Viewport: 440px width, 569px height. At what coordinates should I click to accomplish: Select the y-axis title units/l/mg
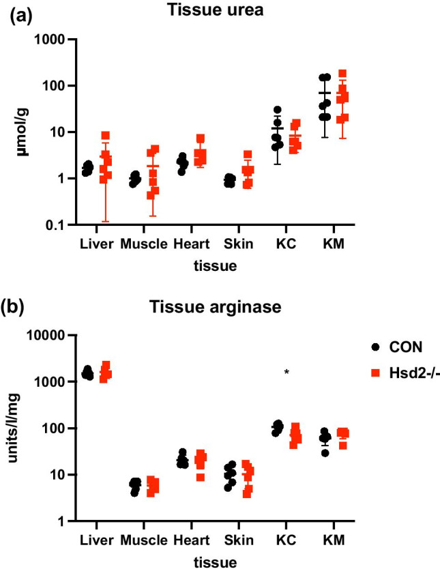tap(14, 430)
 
